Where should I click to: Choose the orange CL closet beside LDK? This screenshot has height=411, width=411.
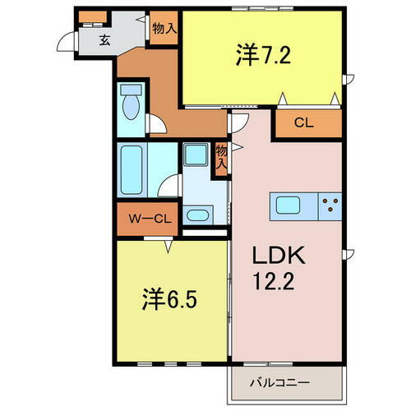[303, 123]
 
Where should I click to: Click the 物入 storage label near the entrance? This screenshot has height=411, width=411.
[164, 27]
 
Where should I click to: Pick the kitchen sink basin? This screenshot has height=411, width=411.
[290, 205]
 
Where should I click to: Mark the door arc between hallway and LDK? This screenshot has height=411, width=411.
[236, 123]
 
